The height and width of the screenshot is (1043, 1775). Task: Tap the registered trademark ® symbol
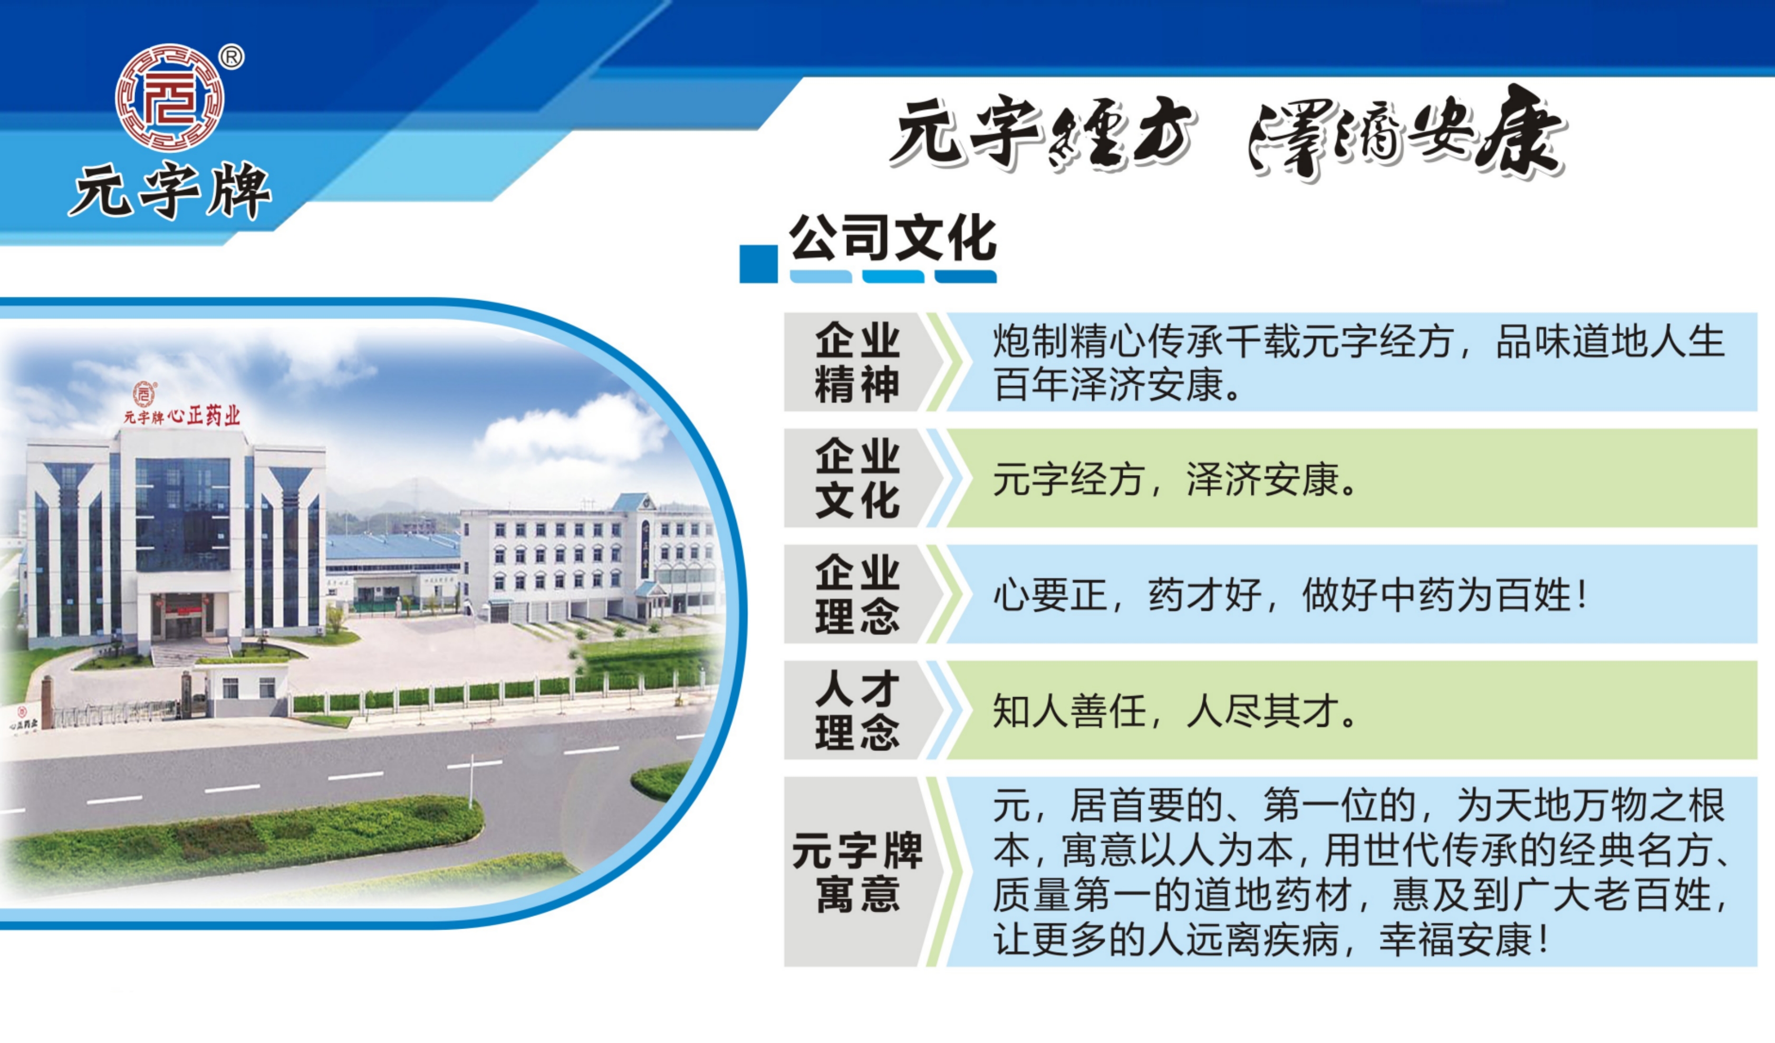[x=231, y=57]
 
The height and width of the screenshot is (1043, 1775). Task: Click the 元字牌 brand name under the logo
[x=170, y=191]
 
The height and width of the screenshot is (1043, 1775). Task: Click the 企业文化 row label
[x=857, y=478]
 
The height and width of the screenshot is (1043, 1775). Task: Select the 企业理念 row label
[x=857, y=594]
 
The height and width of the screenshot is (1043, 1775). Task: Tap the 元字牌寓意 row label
[x=857, y=872]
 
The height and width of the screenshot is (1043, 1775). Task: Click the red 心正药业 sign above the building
[x=204, y=416]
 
